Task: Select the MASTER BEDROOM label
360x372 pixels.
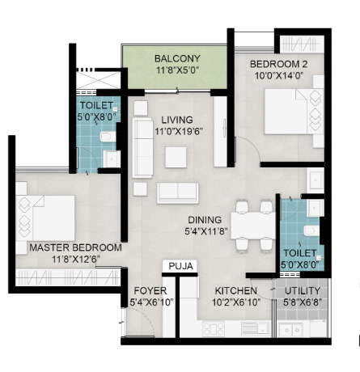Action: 75,247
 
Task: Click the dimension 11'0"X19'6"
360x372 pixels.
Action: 176,131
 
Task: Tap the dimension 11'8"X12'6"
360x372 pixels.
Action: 75,259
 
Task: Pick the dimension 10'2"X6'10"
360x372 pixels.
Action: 236,302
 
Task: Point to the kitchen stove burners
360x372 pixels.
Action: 215,328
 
